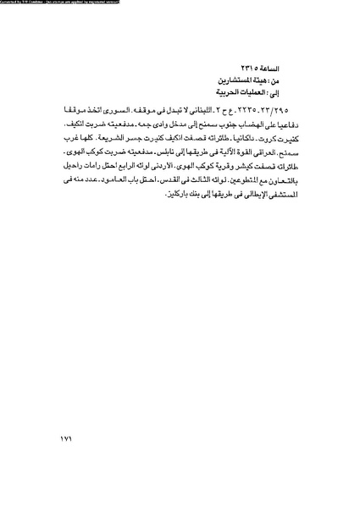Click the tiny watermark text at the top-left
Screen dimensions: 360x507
click(59, 3)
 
